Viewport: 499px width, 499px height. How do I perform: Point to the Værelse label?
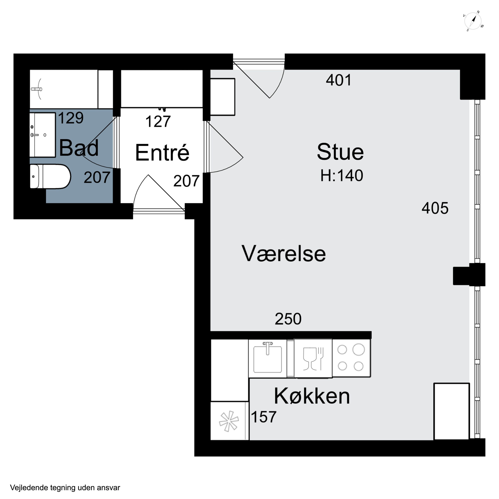point(284,254)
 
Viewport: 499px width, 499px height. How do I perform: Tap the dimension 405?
point(435,208)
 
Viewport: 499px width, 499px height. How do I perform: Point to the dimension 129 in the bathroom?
point(71,118)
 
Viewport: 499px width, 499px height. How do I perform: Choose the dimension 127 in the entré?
point(158,121)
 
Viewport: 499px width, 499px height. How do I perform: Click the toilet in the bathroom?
point(50,177)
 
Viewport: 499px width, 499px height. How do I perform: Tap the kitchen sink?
point(268,359)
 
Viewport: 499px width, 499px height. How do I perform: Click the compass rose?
point(473,21)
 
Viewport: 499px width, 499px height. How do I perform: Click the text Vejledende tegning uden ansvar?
point(65,488)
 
